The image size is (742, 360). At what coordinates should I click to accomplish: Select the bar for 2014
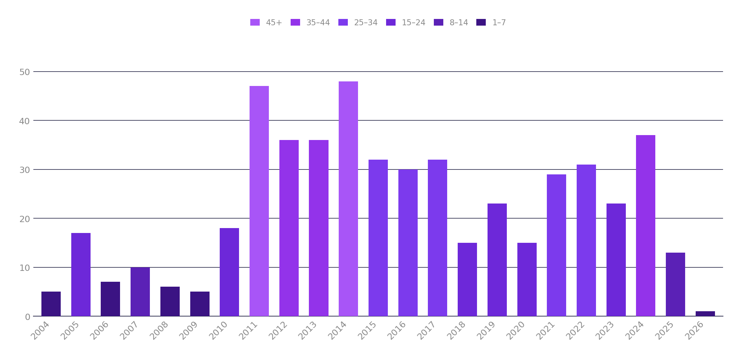[348, 199]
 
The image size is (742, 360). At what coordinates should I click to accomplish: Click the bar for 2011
[259, 201]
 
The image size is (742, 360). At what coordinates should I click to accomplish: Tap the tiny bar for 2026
[705, 314]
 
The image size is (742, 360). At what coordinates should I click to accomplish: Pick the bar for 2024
[645, 226]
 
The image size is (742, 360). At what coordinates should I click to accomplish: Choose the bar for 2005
[81, 274]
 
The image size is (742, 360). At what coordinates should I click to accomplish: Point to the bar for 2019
[497, 260]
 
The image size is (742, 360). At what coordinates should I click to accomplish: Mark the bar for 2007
[140, 292]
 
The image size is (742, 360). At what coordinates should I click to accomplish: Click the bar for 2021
[556, 245]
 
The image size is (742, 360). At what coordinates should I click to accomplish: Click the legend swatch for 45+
[255, 22]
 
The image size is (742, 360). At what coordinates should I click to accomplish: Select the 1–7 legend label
[499, 22]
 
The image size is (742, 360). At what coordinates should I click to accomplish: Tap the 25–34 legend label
[365, 22]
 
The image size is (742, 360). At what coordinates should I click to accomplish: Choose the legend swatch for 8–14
[438, 22]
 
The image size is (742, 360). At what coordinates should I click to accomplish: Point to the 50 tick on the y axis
[25, 72]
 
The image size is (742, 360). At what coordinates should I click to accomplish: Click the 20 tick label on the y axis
[25, 219]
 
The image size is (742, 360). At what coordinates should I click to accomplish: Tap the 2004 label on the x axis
[40, 331]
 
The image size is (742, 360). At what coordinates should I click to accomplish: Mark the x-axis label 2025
[664, 331]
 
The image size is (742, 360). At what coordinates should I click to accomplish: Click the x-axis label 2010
[218, 331]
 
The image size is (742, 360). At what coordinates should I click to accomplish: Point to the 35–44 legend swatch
[295, 22]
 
